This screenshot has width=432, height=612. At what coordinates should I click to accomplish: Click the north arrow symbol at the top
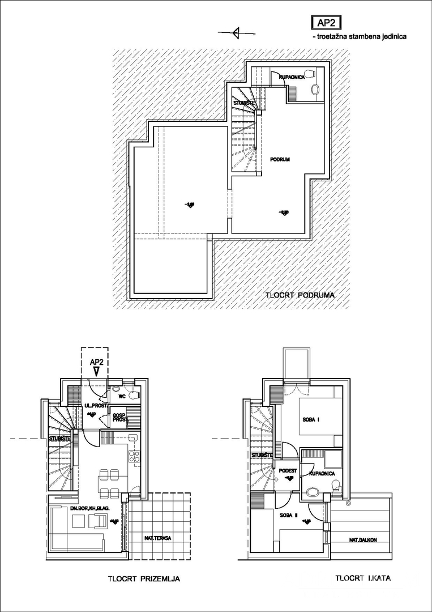coord(237,32)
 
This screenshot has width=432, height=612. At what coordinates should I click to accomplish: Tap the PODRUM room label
coord(280,160)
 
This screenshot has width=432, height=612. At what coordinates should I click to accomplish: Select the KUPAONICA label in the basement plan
coord(293,76)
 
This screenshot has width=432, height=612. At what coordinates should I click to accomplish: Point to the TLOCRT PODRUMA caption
coord(300,295)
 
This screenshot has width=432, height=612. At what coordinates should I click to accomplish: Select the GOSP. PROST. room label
coord(119,418)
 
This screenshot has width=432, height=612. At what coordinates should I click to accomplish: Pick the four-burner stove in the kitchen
coord(134,456)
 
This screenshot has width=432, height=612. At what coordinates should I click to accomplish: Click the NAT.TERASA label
coord(159,537)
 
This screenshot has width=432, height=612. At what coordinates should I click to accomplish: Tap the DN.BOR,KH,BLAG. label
coord(87,508)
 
